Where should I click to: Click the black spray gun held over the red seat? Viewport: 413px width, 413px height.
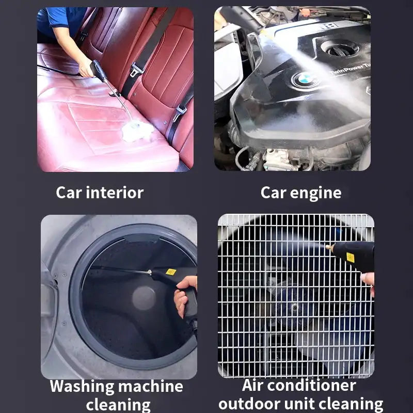[99, 71]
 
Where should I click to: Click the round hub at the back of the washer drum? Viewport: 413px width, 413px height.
[144, 298]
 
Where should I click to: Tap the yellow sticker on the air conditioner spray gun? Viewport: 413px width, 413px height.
[350, 257]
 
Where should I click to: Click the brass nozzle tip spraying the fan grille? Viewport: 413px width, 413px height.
[329, 248]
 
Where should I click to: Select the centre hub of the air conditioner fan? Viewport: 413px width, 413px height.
[295, 307]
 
